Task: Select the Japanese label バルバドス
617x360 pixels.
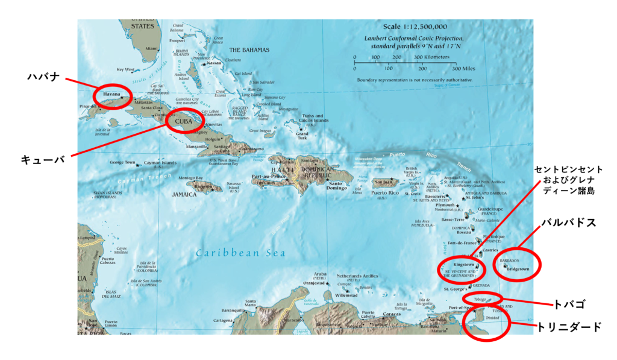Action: point(568,223)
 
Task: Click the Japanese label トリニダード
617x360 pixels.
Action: point(569,327)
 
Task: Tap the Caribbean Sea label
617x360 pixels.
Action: point(240,253)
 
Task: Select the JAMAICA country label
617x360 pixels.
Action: point(184,195)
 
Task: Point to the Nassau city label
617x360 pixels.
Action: point(214,63)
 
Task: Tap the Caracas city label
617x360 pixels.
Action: point(392,314)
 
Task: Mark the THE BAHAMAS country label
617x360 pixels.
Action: point(249,49)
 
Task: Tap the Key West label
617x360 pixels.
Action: point(126,69)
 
